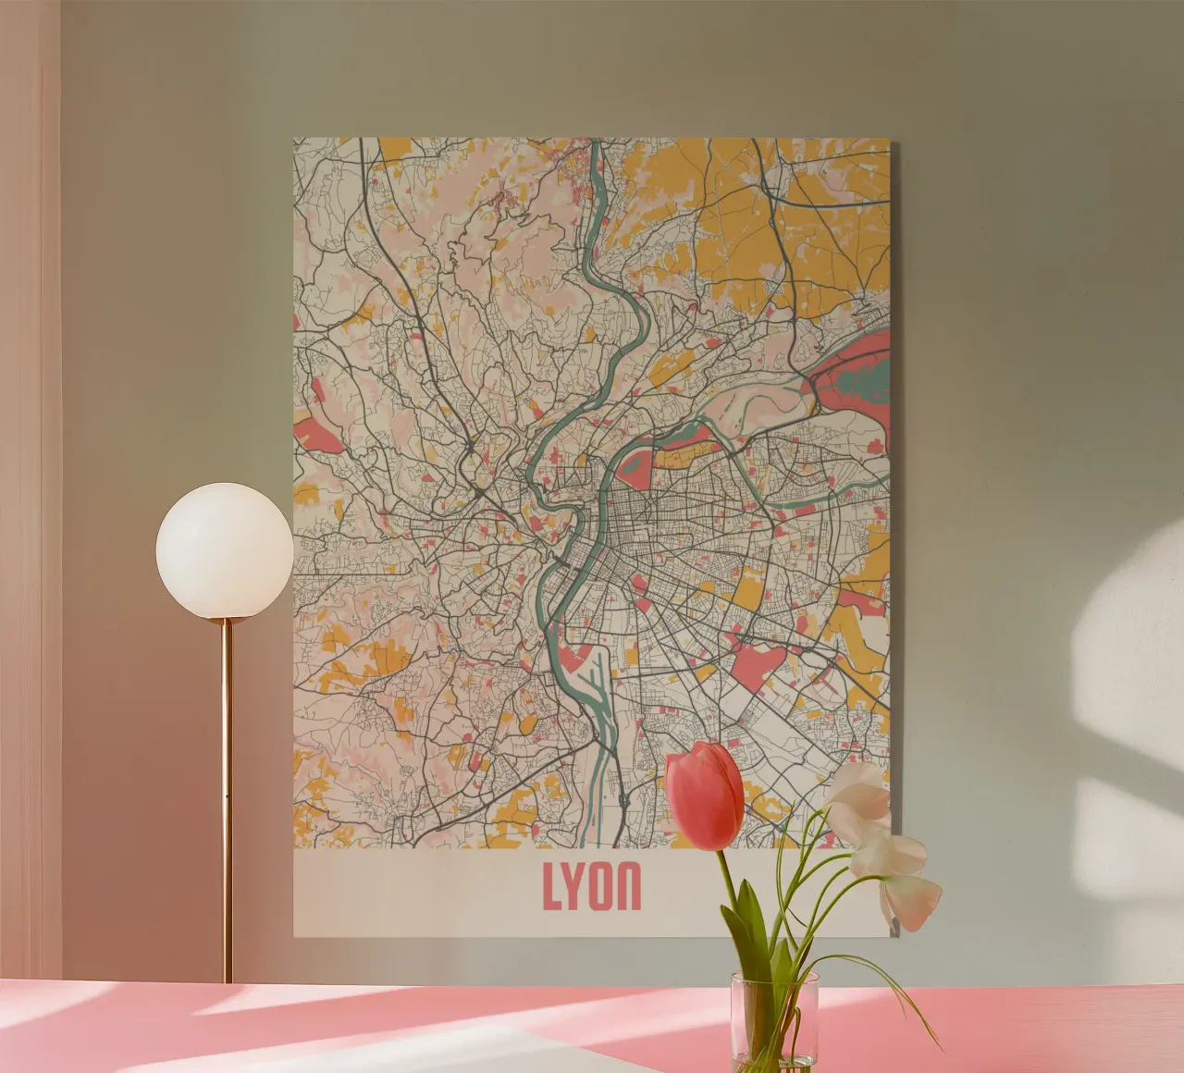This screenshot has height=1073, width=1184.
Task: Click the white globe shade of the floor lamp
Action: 224,551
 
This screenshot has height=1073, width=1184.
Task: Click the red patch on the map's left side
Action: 318,433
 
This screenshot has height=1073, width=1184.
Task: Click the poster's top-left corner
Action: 295,141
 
